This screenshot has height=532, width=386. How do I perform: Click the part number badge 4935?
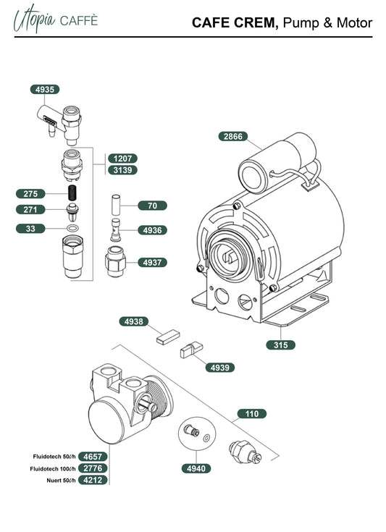(x=45, y=90)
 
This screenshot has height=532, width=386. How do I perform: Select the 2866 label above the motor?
(x=233, y=136)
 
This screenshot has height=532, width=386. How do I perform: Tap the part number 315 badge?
(x=280, y=345)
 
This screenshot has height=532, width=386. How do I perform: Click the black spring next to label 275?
(x=72, y=193)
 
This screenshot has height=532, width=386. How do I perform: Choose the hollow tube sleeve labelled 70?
(x=116, y=204)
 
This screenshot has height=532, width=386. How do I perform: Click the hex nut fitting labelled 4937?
(x=115, y=261)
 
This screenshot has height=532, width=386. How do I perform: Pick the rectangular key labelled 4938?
(x=168, y=337)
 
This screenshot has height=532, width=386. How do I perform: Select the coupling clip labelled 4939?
(x=191, y=350)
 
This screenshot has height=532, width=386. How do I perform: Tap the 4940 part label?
(x=196, y=468)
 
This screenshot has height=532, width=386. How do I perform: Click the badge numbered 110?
(x=252, y=414)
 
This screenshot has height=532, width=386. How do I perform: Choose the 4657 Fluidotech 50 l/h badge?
(x=93, y=457)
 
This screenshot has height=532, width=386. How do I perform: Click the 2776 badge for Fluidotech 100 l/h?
(x=93, y=468)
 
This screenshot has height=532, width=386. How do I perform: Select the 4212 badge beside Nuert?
(x=93, y=480)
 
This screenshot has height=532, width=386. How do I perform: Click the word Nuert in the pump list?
(x=54, y=481)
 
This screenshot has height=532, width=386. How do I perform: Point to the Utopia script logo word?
(x=34, y=19)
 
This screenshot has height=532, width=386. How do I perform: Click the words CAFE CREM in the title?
(x=235, y=22)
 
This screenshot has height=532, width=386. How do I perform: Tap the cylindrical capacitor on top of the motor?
(x=277, y=162)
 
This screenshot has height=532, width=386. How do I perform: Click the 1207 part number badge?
(x=122, y=159)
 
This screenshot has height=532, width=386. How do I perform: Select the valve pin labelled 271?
(x=72, y=212)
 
